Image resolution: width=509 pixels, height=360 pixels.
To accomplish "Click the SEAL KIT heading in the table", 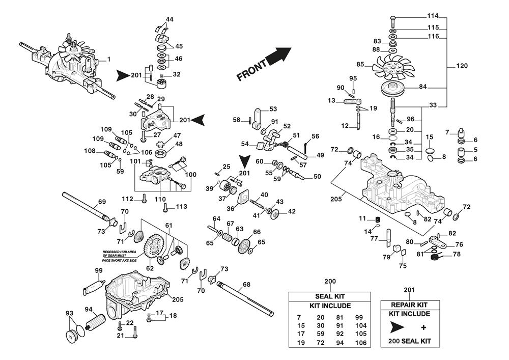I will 330,296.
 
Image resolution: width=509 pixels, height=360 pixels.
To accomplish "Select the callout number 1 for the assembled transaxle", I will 108,60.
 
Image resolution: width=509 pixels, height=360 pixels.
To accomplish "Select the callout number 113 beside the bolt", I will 182,206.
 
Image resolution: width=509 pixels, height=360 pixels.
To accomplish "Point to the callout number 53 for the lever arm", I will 273,109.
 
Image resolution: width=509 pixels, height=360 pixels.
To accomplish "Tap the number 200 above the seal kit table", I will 330,281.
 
